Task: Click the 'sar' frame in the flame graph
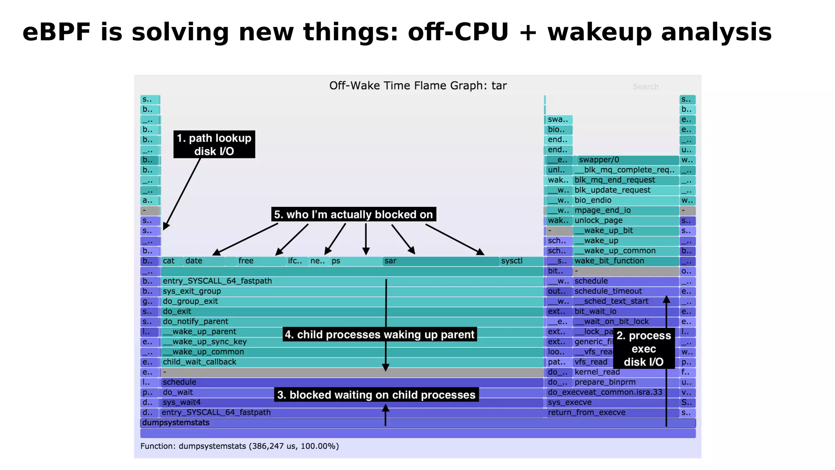pos(440,261)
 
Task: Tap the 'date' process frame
pos(204,261)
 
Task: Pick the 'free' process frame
pos(261,261)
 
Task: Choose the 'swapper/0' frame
pos(627,160)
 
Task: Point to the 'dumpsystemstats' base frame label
pos(176,423)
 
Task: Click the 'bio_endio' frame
pos(625,200)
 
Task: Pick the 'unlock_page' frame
pos(625,221)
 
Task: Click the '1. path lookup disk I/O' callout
pos(214,144)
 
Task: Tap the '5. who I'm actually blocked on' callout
pos(353,215)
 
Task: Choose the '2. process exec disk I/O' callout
pos(643,348)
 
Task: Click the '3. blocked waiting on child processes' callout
pos(376,395)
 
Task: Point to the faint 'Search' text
pos(645,86)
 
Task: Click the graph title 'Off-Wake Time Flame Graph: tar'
pos(418,86)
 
